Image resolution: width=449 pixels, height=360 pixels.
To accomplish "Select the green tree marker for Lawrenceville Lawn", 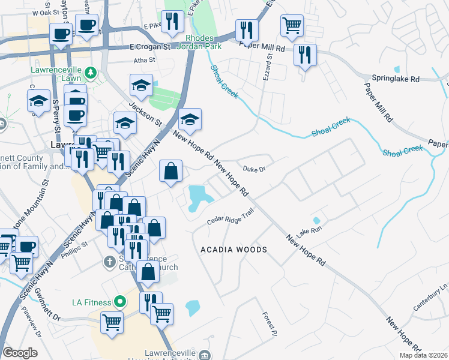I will (91, 73).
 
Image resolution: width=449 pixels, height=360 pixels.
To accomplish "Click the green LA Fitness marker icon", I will (120, 301).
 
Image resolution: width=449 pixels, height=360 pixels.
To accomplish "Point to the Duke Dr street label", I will (255, 170).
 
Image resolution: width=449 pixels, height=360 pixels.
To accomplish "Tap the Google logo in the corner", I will (20, 353).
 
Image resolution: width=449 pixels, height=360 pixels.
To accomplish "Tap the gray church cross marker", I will (109, 262).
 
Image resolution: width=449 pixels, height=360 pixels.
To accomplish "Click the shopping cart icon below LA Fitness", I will (112, 322).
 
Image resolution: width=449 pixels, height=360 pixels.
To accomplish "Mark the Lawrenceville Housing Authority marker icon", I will (206, 355).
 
